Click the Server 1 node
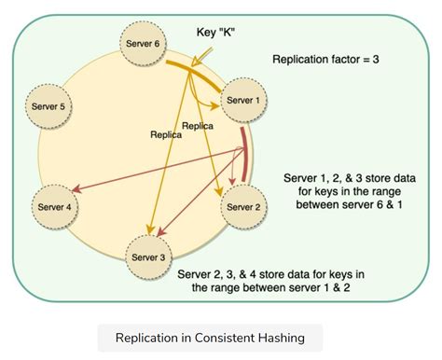[x=245, y=100]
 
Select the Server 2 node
[x=244, y=208]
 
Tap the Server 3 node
[x=151, y=256]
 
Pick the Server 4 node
[x=54, y=206]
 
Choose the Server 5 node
[x=48, y=106]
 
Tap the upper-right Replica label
[x=199, y=124]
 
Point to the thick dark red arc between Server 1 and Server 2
[x=245, y=154]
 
